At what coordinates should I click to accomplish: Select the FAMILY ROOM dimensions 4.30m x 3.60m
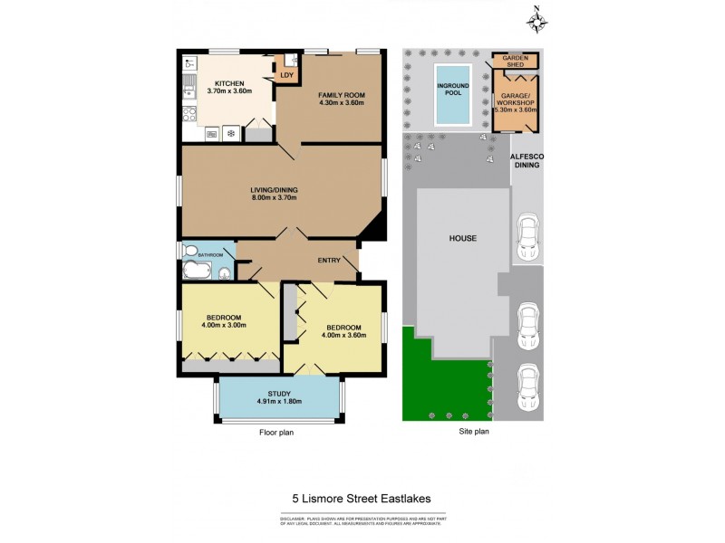[x=341, y=103]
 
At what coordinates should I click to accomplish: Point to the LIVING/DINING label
[x=274, y=190]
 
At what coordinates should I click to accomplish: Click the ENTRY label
[x=329, y=261]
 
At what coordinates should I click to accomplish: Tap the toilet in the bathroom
[x=188, y=251]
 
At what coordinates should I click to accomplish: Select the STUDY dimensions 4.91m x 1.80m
[x=279, y=401]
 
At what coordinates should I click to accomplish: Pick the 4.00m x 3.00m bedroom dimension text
[x=223, y=326]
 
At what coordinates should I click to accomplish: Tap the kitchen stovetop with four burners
[x=189, y=115]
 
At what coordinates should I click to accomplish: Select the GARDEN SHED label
[x=515, y=61]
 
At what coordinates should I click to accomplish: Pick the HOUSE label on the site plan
[x=462, y=238]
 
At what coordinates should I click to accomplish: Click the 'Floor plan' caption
[x=275, y=433]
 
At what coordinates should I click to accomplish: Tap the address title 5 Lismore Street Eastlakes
[x=362, y=498]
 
